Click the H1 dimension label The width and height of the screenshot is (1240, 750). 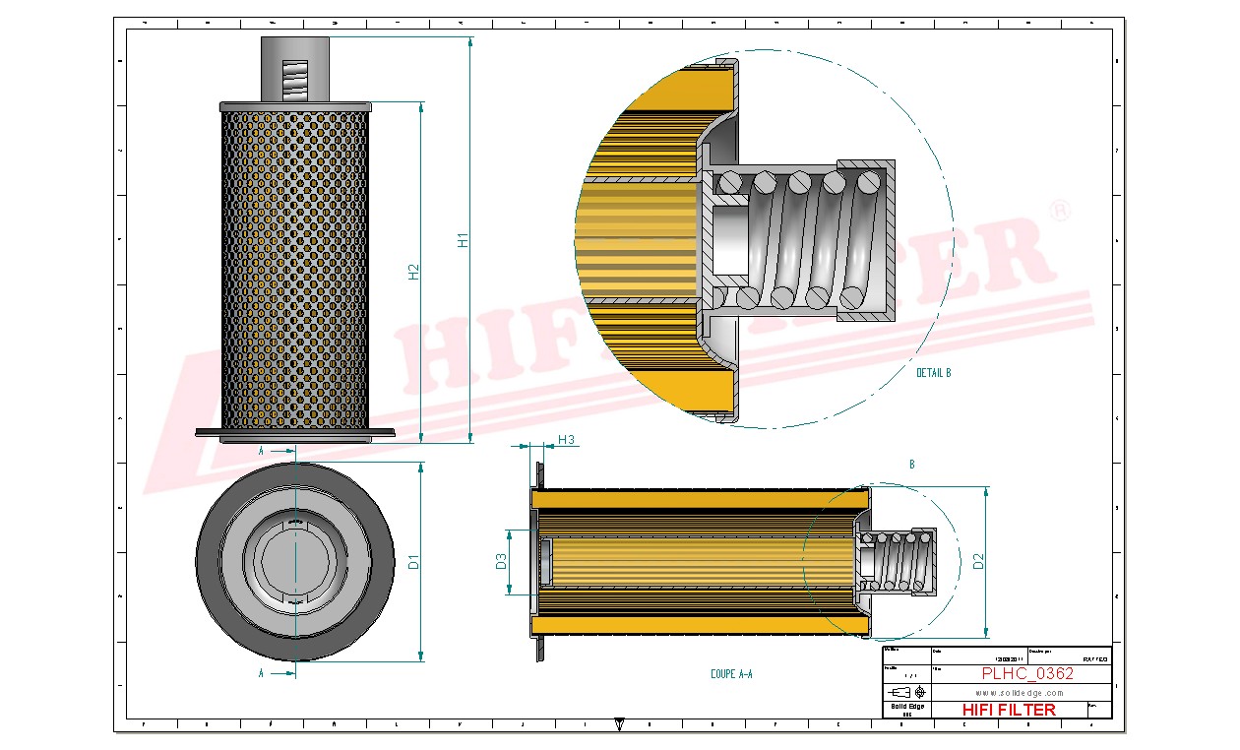click(463, 239)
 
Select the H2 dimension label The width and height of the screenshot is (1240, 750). click(414, 272)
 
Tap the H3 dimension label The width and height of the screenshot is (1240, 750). click(566, 439)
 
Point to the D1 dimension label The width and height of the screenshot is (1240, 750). click(414, 562)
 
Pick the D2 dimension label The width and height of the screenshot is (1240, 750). click(977, 562)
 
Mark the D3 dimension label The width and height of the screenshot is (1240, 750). click(501, 562)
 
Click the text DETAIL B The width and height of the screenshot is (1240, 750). click(933, 373)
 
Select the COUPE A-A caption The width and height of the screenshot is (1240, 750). click(731, 674)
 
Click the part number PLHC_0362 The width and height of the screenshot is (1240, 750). click(1027, 674)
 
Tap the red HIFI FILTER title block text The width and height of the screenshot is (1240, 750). click(1008, 710)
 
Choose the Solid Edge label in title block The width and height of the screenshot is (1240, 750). click(906, 707)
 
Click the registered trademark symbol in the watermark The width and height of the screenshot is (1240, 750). click(1060, 210)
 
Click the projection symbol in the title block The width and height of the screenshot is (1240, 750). click(911, 692)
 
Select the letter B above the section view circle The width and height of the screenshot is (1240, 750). click(911, 464)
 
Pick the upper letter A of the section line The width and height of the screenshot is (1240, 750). click(261, 451)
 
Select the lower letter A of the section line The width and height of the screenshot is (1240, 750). click(261, 673)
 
